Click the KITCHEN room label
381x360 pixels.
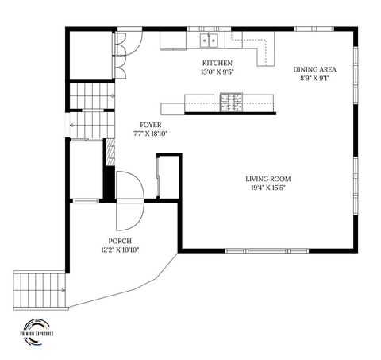click(x=217, y=63)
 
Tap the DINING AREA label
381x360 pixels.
click(x=314, y=69)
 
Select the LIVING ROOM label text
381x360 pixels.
click(x=267, y=180)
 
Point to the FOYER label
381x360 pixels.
click(x=152, y=125)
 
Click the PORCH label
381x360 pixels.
click(x=120, y=241)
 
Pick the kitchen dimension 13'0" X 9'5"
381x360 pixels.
click(x=217, y=72)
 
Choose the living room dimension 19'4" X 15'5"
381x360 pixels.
click(x=267, y=189)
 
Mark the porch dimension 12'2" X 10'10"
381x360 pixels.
click(x=120, y=250)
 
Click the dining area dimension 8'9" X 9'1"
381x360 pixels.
click(x=314, y=78)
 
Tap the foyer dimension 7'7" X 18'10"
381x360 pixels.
click(x=152, y=134)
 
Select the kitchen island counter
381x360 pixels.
click(x=218, y=103)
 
